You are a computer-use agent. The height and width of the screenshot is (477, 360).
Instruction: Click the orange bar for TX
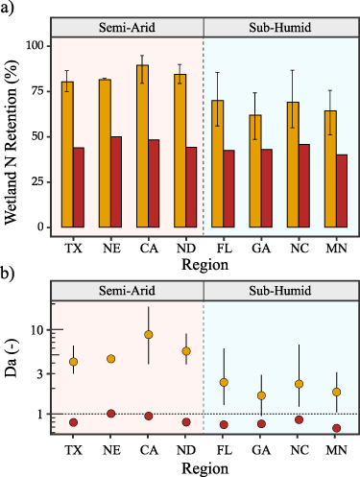coord(67,154)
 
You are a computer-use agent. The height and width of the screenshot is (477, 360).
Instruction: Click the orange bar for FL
coord(218,163)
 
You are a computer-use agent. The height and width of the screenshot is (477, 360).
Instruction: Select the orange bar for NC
coord(293,164)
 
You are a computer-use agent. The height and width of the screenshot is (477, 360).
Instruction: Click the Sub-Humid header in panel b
coord(279,288)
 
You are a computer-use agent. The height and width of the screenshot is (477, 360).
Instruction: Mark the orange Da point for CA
coord(148,334)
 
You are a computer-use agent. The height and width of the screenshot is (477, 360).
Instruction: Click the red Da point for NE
coord(110,414)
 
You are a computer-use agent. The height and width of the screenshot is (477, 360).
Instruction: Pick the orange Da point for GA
coord(261,395)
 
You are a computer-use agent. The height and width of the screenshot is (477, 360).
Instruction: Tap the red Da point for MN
coord(336,428)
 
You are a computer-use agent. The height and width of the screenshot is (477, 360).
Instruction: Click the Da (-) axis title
coord(13,369)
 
